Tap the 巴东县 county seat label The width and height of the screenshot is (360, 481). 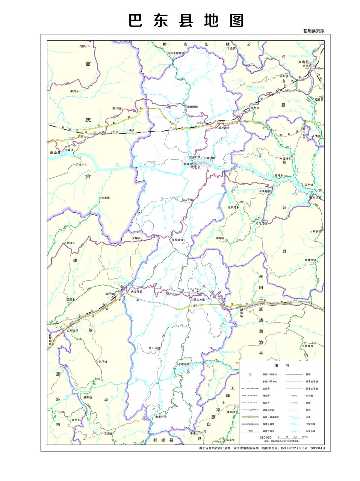click(x=196, y=168)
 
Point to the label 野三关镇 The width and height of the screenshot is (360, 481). click(x=199, y=299)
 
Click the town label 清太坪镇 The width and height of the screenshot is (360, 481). click(x=154, y=348)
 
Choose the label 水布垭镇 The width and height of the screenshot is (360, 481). click(x=184, y=364)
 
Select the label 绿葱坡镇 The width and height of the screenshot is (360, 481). click(x=177, y=239)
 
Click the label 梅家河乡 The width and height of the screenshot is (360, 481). click(x=233, y=207)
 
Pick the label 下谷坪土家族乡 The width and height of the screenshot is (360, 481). click(x=175, y=53)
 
